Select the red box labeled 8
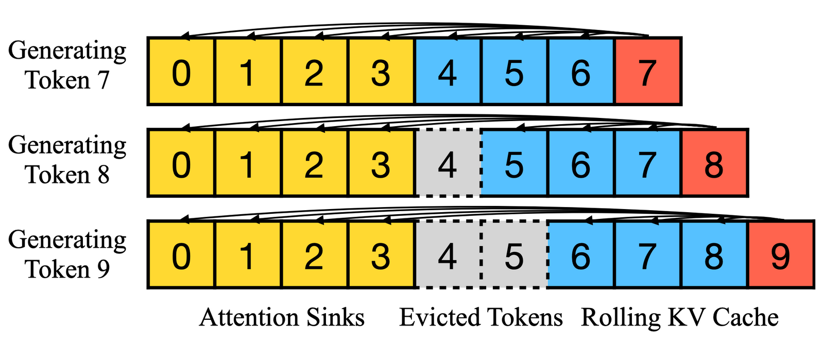[714, 163]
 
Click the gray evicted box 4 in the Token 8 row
[447, 163]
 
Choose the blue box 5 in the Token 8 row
[513, 163]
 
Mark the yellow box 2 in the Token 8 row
[314, 163]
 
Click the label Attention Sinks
[282, 317]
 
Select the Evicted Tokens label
[481, 317]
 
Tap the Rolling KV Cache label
[679, 317]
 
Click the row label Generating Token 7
[67, 65]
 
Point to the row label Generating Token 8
[67, 160]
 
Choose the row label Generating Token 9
[67, 254]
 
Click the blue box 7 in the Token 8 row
[647, 163]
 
